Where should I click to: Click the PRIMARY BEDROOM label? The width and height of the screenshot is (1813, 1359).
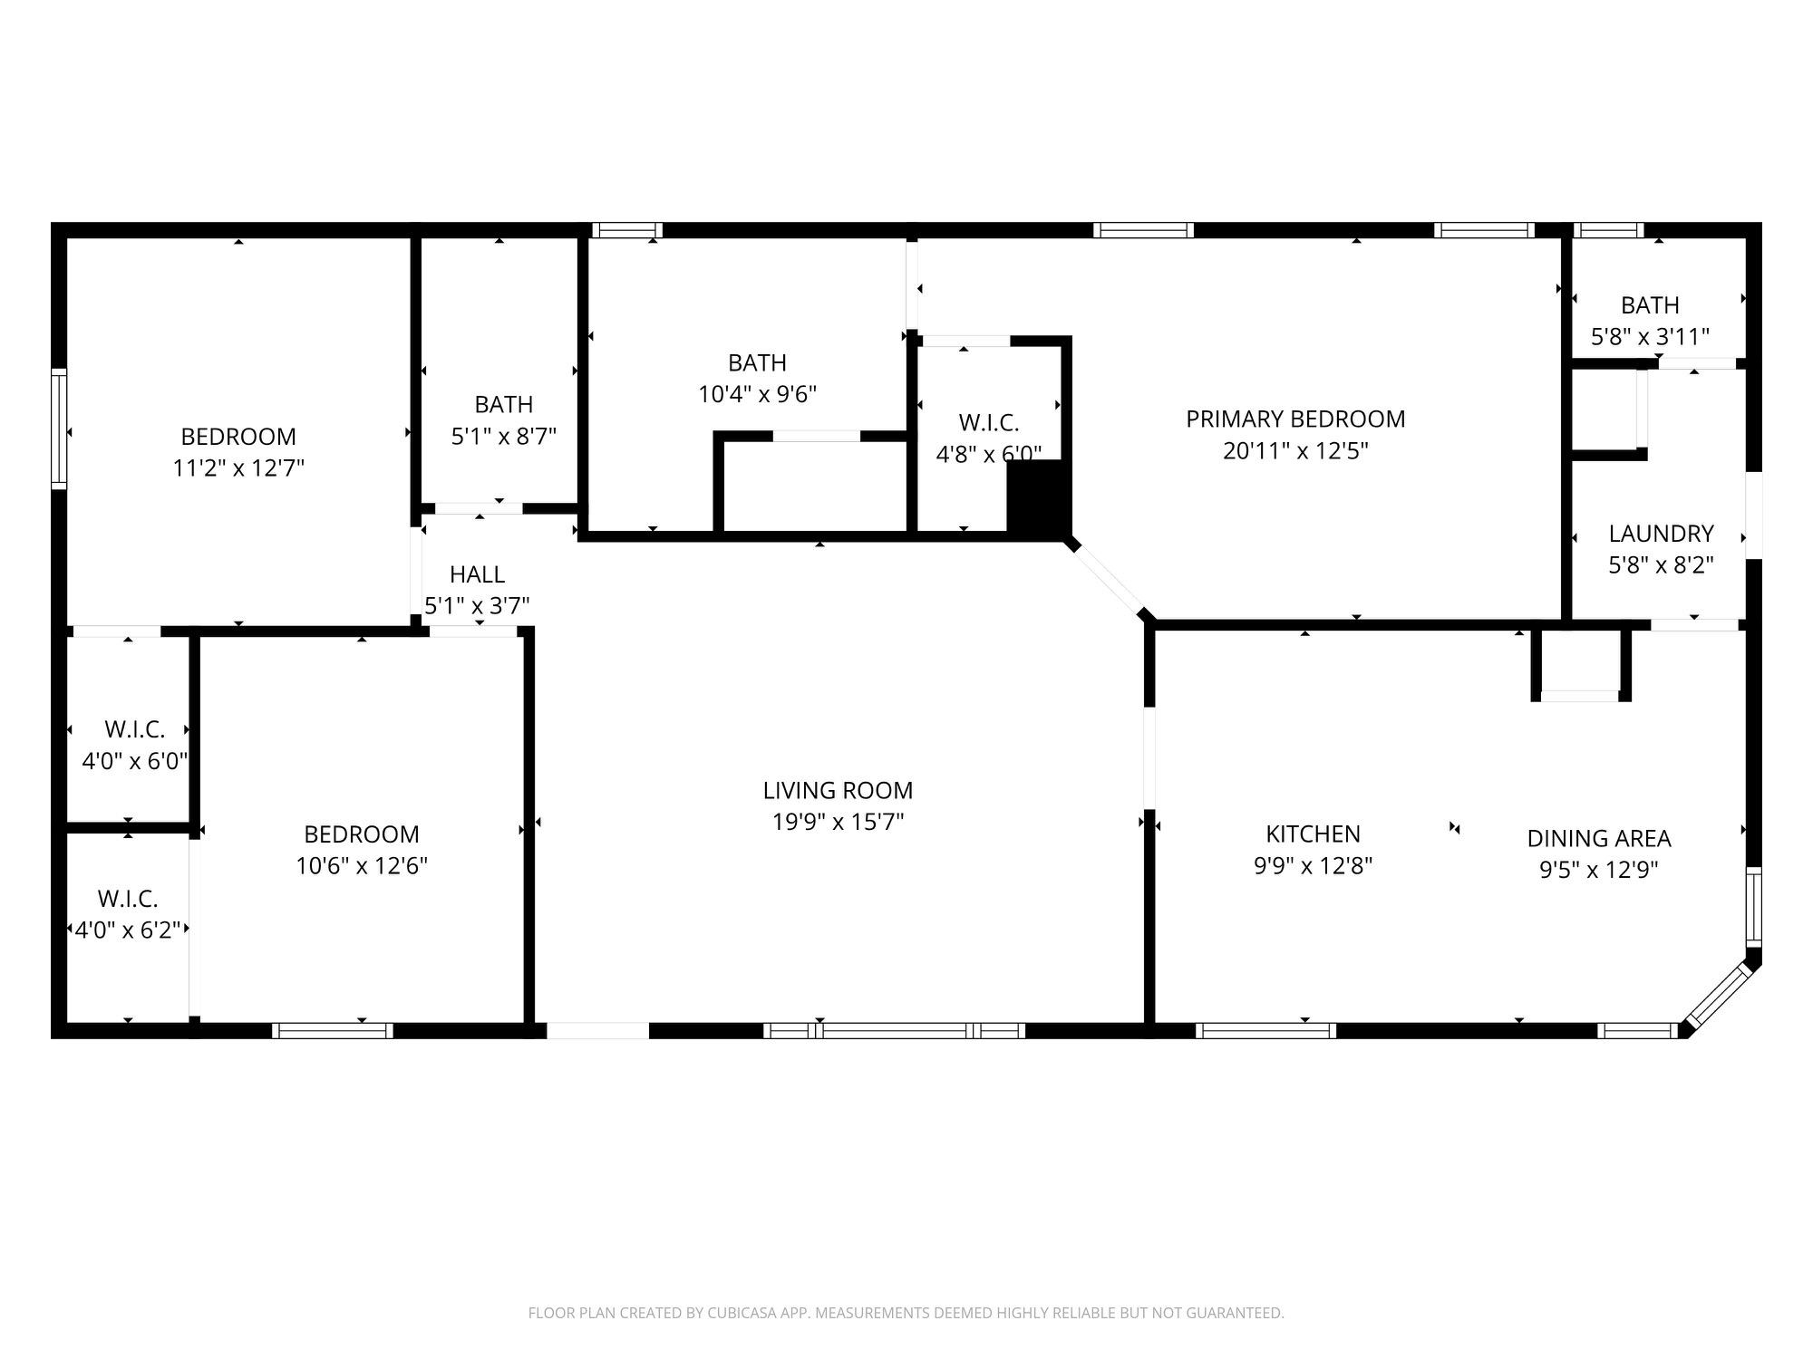1295,419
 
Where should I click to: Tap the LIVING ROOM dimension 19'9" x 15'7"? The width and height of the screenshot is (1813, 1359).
838,823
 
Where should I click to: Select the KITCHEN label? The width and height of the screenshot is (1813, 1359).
1313,834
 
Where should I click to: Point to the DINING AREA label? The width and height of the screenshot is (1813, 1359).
1599,839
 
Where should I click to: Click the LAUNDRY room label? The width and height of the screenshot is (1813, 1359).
1661,534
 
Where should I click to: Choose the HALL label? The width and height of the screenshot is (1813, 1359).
477,574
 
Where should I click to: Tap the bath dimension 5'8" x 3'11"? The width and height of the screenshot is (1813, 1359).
1650,337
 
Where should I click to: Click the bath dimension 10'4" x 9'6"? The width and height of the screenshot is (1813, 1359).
757,395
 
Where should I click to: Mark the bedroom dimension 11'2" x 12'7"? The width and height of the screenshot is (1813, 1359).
238,468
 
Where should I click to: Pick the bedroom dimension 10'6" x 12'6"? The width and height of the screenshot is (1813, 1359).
362,866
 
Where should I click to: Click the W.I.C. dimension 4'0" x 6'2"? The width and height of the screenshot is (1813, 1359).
128,930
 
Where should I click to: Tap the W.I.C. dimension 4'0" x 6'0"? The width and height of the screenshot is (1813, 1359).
134,761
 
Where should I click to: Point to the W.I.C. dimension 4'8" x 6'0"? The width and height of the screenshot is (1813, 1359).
988,454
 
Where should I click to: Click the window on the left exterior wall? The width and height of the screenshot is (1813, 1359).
59,429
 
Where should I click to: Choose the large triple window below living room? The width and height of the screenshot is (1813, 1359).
894,1030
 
